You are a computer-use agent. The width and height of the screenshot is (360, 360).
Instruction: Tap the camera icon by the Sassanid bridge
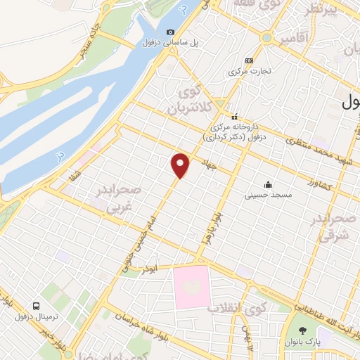click(x=171, y=32)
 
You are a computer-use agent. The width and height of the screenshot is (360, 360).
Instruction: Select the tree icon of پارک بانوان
click(x=302, y=331)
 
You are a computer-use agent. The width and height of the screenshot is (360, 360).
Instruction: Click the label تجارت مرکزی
click(x=247, y=72)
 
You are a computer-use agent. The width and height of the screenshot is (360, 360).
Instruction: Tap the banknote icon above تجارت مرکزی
click(x=247, y=60)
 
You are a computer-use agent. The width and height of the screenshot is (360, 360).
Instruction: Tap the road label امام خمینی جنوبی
click(x=137, y=232)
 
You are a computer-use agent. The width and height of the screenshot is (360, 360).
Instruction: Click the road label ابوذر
click(x=148, y=269)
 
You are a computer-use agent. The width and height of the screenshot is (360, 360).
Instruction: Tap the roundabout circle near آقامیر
click(x=266, y=37)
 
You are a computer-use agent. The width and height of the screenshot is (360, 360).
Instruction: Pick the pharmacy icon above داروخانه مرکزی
click(x=235, y=117)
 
